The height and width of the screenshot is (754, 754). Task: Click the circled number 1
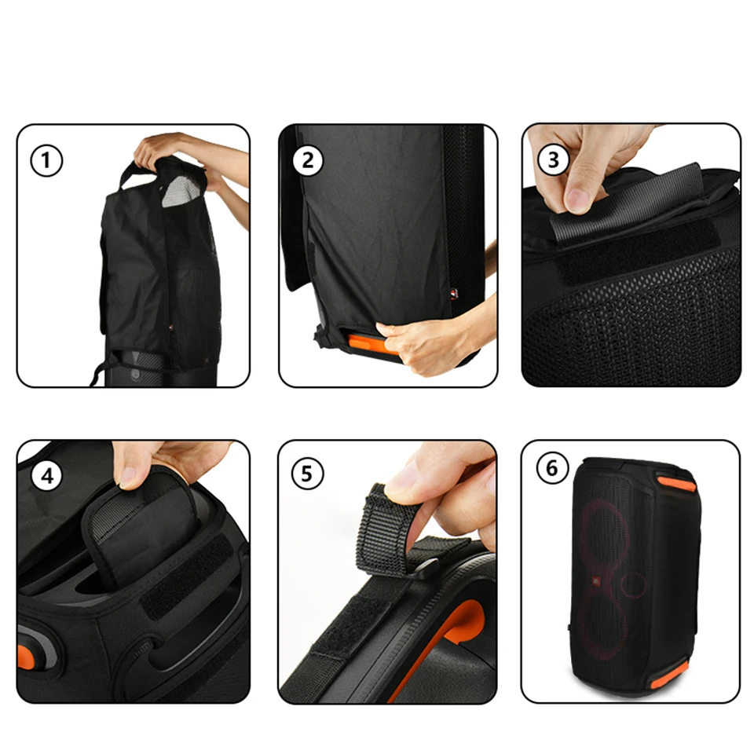click(x=46, y=160)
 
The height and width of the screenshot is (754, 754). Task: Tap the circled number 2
click(x=308, y=160)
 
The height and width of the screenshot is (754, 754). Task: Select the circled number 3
click(x=554, y=160)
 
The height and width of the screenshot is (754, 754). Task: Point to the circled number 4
click(x=47, y=476)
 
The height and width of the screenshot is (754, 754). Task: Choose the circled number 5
click(x=308, y=473)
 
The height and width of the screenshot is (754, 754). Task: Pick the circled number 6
click(x=552, y=468)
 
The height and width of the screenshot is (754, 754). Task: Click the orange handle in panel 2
click(x=369, y=343)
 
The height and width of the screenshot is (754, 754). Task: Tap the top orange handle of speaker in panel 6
click(x=676, y=483)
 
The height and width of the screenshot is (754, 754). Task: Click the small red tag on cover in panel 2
click(x=455, y=293)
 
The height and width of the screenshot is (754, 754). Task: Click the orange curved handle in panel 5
click(x=452, y=635)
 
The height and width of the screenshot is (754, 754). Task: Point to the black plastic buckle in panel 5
click(x=424, y=570)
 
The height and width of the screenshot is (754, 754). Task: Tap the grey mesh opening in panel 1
click(x=180, y=191)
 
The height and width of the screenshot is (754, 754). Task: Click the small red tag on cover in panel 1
click(x=170, y=328)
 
